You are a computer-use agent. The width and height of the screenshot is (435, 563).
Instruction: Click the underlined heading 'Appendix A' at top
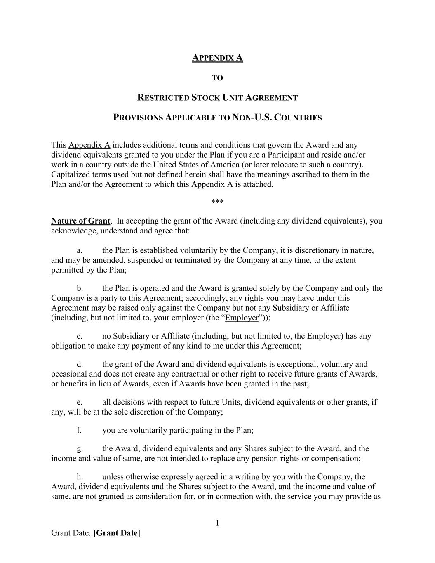pyautogui.click(x=217, y=58)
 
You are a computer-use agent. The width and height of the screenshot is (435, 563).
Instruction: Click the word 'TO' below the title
pyautogui.click(x=217, y=78)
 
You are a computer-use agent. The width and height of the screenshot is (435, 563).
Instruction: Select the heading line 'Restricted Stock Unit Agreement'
pyautogui.click(x=217, y=98)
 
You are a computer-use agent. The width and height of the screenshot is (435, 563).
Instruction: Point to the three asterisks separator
pyautogui.click(x=217, y=202)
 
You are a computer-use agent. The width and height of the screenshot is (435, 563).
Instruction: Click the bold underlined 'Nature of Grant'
pyautogui.click(x=81, y=221)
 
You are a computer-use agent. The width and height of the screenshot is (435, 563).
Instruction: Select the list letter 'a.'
pyautogui.click(x=80, y=250)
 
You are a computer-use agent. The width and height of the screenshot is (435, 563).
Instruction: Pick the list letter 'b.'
pyautogui.click(x=80, y=288)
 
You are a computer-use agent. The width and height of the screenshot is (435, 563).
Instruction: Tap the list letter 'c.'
pyautogui.click(x=80, y=336)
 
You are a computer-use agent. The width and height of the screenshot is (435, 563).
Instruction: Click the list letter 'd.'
pyautogui.click(x=80, y=364)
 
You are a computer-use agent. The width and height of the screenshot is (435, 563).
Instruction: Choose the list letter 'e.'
pyautogui.click(x=80, y=402)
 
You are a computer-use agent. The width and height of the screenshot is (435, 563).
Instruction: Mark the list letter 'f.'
pyautogui.click(x=79, y=430)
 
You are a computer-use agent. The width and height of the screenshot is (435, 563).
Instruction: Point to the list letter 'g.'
pyautogui.click(x=80, y=448)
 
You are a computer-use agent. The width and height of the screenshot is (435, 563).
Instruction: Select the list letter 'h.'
pyautogui.click(x=80, y=477)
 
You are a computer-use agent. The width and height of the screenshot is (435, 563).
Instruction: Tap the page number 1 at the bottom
pyautogui.click(x=217, y=523)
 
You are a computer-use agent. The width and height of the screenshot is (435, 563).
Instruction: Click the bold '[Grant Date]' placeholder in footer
pyautogui.click(x=117, y=533)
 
